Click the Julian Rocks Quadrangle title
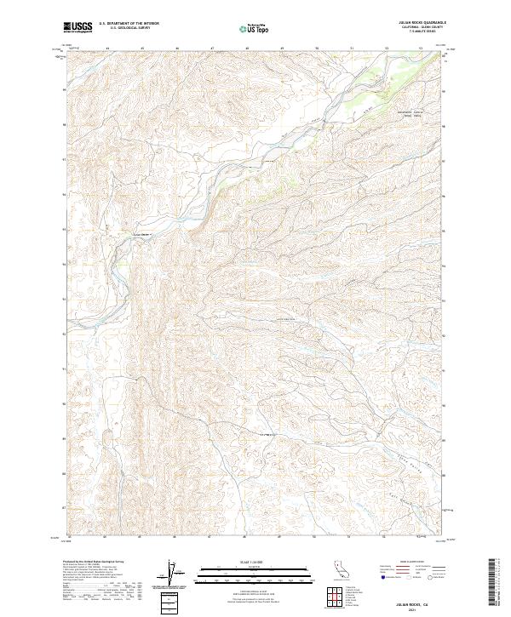coord(423,24)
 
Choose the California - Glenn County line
coord(423,28)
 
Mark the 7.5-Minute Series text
coord(423,32)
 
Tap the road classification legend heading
coord(412,563)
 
